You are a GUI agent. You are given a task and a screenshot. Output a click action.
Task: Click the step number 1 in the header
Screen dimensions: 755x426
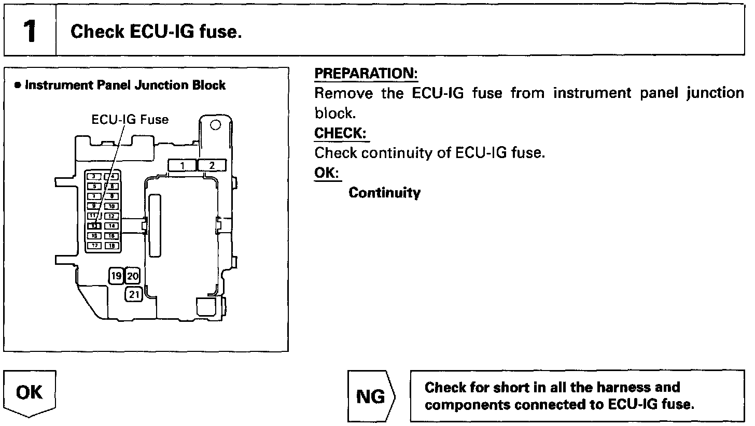[x=30, y=32]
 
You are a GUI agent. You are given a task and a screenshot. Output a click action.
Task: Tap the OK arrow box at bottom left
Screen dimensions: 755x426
[x=30, y=393]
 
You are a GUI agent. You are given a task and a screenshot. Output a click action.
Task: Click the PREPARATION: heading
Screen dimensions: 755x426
[x=366, y=74]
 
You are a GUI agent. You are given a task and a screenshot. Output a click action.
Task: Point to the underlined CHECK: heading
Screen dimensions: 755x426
[x=341, y=133]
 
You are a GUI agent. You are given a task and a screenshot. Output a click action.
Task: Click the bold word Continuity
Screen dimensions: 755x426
[x=384, y=193]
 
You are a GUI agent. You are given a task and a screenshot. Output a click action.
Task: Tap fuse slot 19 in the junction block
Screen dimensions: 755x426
[x=116, y=276]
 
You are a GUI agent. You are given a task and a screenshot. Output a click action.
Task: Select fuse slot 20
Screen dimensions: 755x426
[x=133, y=276]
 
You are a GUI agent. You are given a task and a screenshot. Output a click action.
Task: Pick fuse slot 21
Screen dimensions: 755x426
[x=134, y=294]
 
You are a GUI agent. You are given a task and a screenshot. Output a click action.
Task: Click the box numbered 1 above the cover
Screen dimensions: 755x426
[x=182, y=165]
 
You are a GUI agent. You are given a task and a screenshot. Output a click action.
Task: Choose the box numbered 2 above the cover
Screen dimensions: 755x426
[x=212, y=165]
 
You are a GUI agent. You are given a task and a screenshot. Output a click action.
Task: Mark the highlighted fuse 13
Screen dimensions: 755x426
[x=94, y=226]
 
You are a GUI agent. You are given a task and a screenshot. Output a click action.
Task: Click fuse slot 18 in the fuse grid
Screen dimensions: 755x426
[x=111, y=246]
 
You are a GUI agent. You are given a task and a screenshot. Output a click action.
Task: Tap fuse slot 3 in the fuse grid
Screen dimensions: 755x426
[x=94, y=177]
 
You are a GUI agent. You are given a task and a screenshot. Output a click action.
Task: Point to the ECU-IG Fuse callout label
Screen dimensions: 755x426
[x=130, y=120]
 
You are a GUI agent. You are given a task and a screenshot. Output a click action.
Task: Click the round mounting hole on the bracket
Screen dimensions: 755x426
[x=216, y=125]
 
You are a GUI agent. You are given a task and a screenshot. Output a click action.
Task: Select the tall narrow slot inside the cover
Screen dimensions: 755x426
[x=155, y=225]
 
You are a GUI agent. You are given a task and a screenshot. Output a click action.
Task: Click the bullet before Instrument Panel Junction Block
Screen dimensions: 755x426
[x=18, y=86]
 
